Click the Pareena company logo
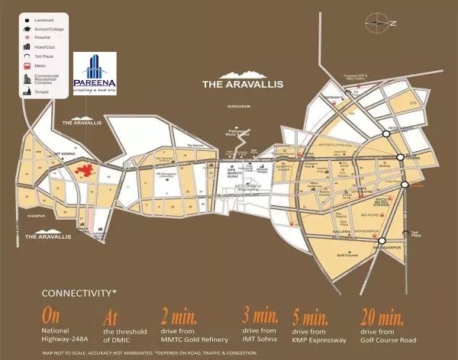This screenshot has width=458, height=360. pyautogui.click(x=95, y=73)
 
